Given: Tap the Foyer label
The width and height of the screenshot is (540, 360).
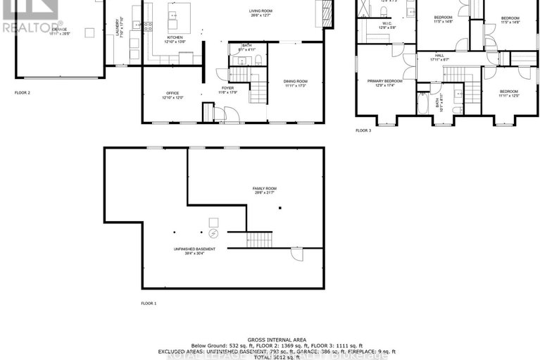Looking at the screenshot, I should pos(227,89).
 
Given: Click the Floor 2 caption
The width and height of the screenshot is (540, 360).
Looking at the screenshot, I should pos(23,92).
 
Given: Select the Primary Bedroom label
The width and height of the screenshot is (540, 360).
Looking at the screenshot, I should pos(384,82).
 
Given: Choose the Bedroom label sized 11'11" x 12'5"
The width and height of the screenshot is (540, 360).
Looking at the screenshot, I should pos(508,93).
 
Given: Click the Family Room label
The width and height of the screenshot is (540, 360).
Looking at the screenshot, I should pos(265,190).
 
